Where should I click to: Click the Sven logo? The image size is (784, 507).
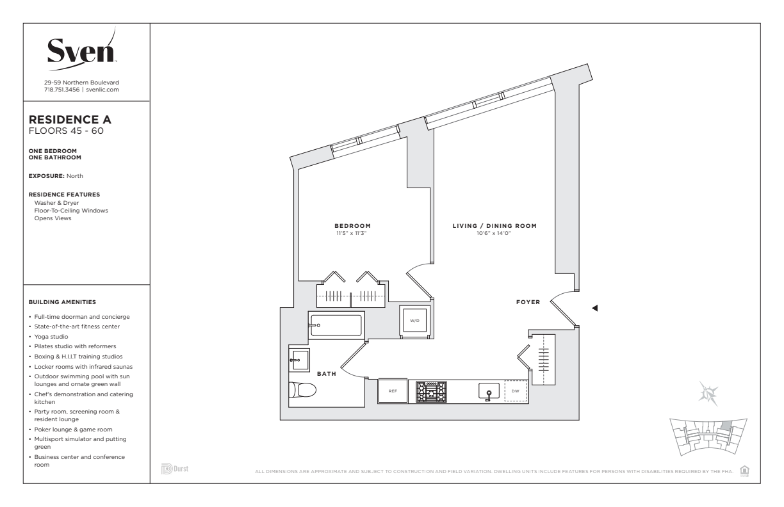pos(82,51)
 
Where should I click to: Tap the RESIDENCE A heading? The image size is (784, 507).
pos(70,120)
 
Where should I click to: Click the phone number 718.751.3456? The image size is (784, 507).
pos(61,90)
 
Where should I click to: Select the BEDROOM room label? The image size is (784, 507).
pos(352,226)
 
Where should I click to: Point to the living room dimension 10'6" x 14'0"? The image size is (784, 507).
pos(494,234)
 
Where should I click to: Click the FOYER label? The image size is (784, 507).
pos(528,302)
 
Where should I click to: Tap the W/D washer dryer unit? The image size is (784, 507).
pos(415,320)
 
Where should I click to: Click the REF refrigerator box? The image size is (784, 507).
pos(393,391)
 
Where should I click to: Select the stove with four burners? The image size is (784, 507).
pos(431,392)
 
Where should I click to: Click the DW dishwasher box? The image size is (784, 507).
pos(516,391)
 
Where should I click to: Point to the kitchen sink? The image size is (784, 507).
pos(489,391)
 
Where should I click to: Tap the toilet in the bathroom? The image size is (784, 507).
pos(302,389)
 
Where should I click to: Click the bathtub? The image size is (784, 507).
pos(336,325)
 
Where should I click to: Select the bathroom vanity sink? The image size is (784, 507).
pos(299,359)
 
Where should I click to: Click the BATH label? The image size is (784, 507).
pos(327,374)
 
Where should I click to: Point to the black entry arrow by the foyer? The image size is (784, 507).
pos(594,308)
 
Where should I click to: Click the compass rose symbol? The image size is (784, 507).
pos(708,394)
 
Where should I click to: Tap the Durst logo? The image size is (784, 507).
pos(175,469)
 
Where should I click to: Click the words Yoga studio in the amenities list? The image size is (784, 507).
pos(51,337)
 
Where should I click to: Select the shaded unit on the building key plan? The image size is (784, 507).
pos(726,426)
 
